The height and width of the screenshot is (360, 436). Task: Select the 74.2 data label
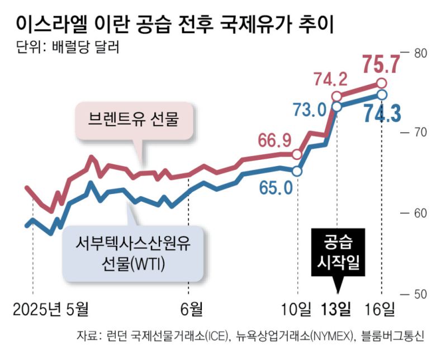click(330, 79)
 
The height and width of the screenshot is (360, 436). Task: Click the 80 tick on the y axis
click(420, 53)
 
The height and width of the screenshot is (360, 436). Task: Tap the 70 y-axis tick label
click(420, 133)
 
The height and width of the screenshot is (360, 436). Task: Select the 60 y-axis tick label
click(420, 214)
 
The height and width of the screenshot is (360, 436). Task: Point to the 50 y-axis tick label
click(420, 293)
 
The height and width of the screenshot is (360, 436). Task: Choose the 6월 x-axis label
click(189, 309)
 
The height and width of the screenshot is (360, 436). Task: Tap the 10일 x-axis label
click(297, 309)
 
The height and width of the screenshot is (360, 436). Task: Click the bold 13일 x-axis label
click(338, 309)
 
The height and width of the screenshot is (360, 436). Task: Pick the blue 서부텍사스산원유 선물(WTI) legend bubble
click(133, 253)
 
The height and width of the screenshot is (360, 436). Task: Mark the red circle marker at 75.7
click(382, 84)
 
